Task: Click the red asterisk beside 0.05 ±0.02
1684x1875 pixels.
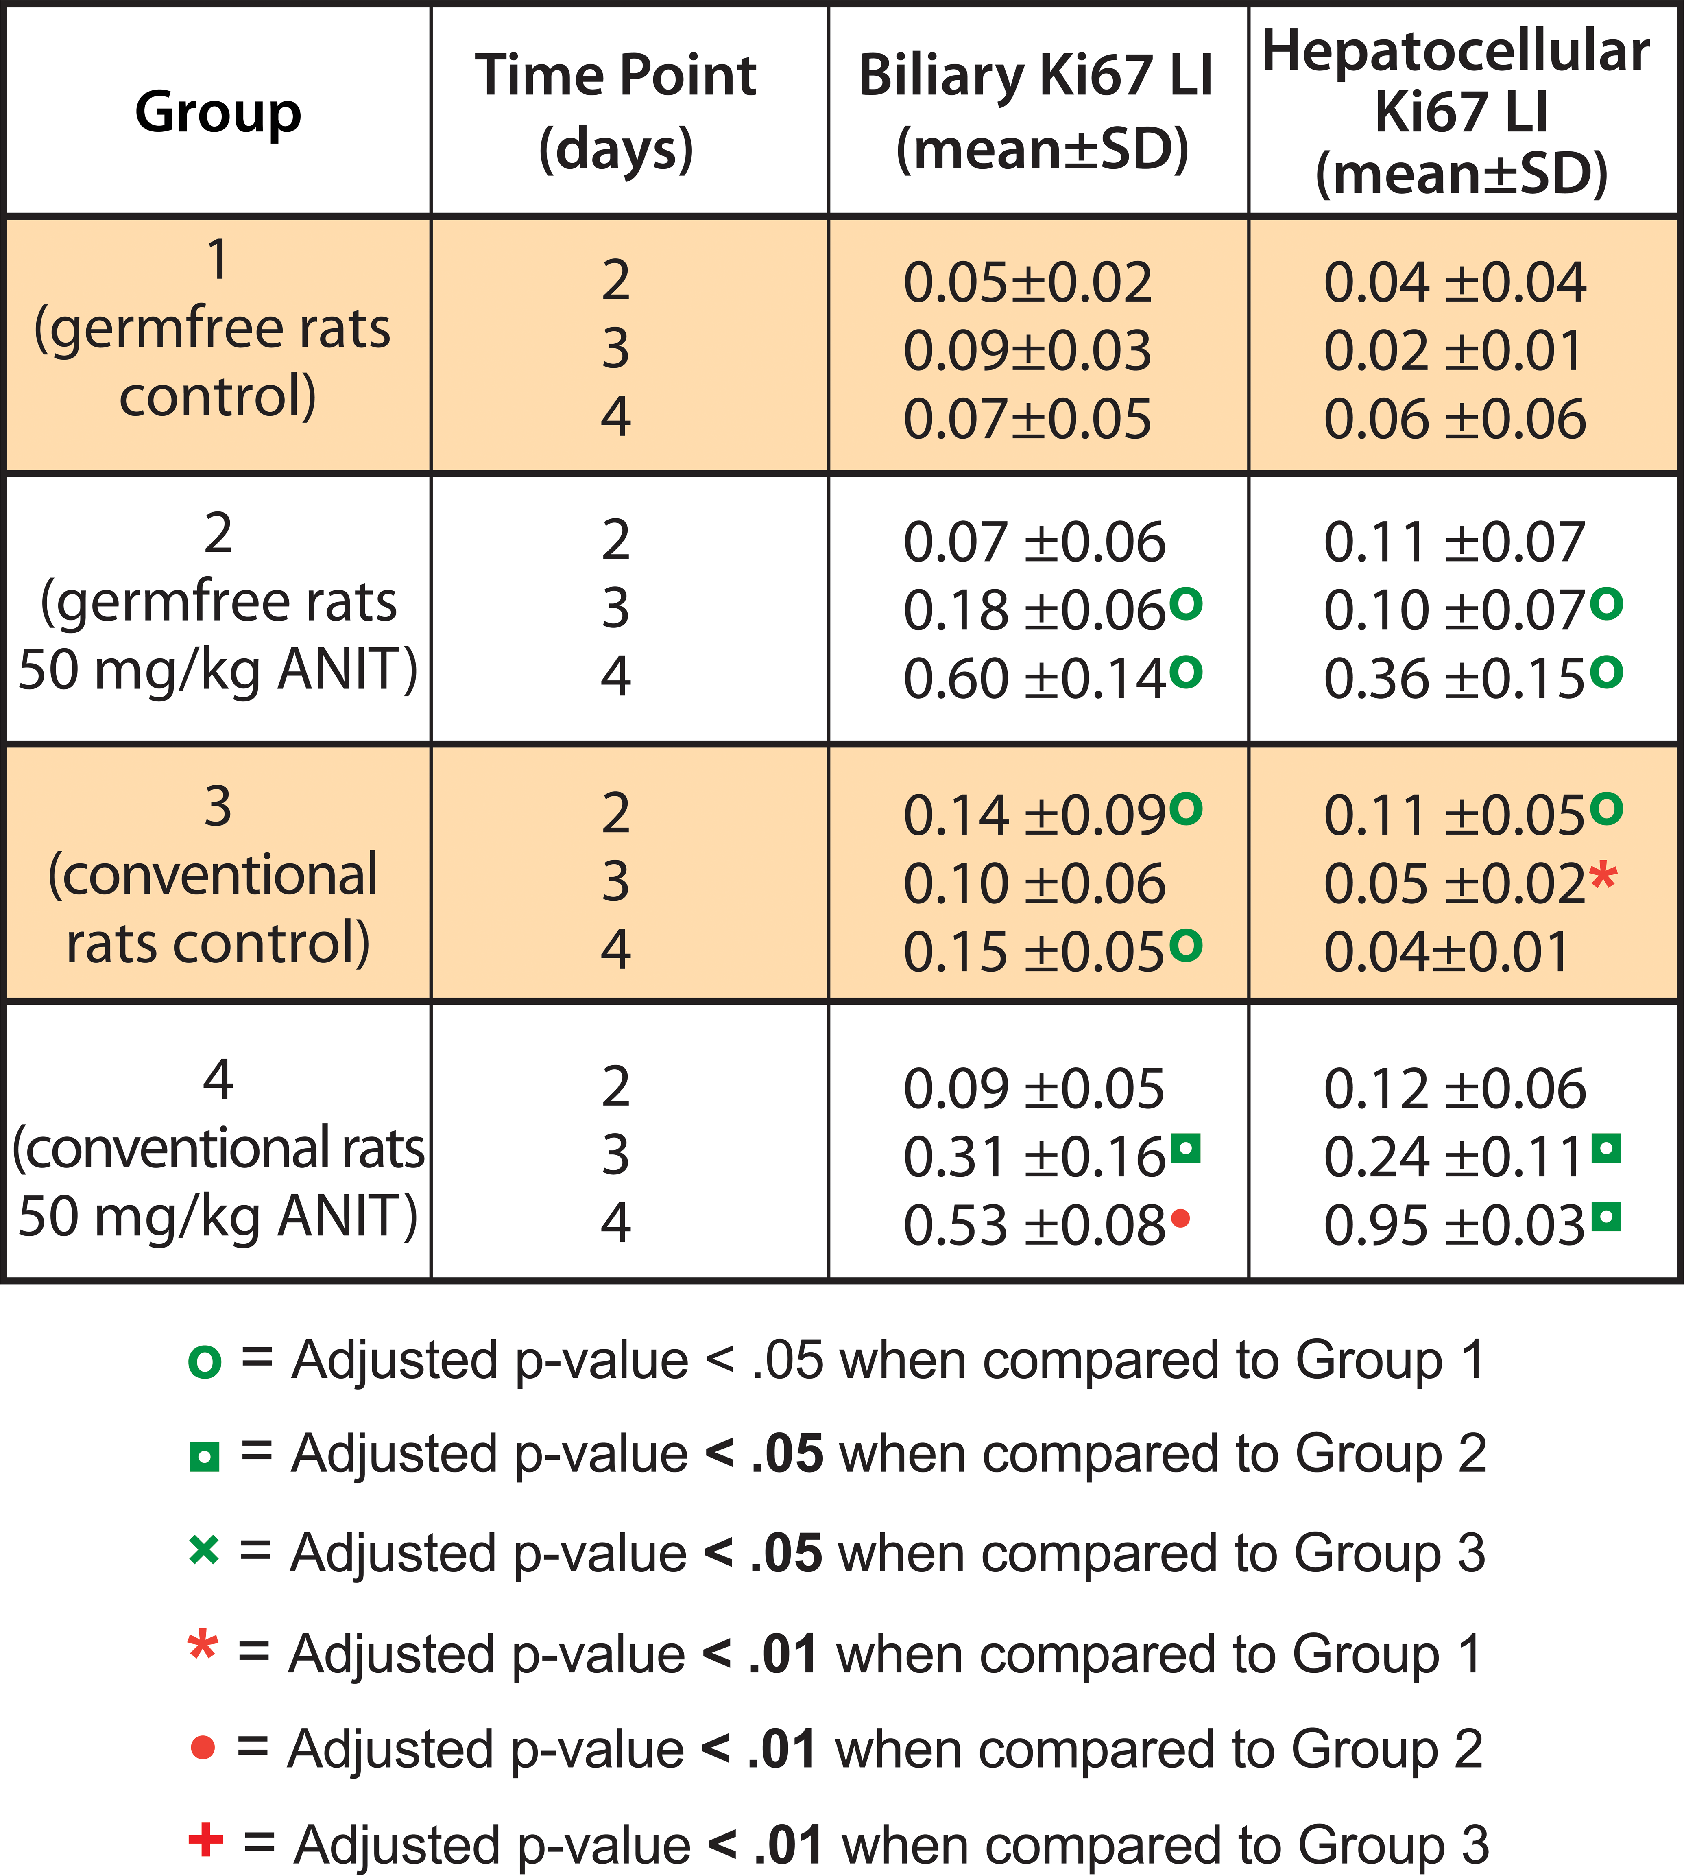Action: click(x=1603, y=876)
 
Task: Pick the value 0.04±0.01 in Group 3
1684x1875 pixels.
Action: click(x=1446, y=952)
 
